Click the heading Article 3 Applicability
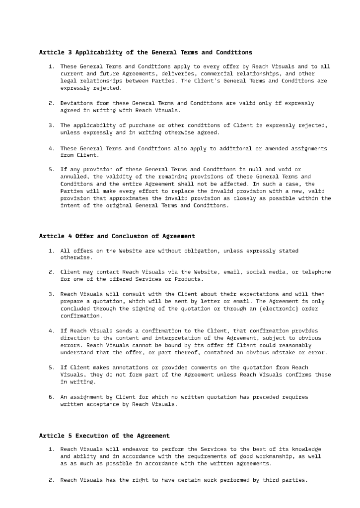click(x=145, y=52)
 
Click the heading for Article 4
click(x=117, y=236)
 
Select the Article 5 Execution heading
click(x=104, y=436)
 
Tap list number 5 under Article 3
click(x=51, y=169)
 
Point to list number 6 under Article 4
click(x=51, y=397)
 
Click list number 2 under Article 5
click(x=51, y=480)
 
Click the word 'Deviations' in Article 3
click(x=78, y=103)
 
